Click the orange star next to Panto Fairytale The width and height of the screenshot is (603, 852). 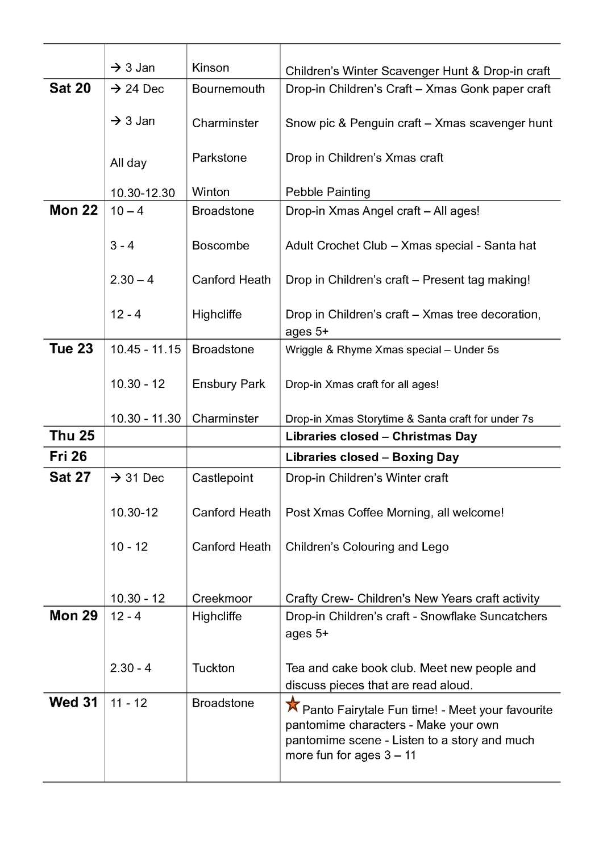293,704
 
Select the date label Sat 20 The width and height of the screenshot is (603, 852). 70,88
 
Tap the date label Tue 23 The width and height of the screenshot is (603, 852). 71,349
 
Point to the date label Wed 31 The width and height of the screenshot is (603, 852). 74,702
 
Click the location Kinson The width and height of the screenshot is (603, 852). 210,68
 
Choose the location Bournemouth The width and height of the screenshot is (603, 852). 228,89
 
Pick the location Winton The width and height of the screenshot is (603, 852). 210,192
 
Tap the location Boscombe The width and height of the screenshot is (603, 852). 221,245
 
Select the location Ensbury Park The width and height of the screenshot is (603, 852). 228,384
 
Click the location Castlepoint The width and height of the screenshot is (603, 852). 223,478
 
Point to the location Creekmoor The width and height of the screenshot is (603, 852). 222,598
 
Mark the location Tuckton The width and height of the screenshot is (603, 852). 213,668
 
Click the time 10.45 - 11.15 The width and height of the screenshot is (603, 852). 145,349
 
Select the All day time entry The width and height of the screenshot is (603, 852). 128,163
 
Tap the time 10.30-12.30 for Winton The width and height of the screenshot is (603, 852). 143,193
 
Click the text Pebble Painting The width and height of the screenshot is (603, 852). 328,192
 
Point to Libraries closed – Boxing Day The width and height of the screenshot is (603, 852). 372,457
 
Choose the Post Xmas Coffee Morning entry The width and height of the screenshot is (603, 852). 394,512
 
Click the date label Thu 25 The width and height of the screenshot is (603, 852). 72,436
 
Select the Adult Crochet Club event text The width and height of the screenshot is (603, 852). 410,245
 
